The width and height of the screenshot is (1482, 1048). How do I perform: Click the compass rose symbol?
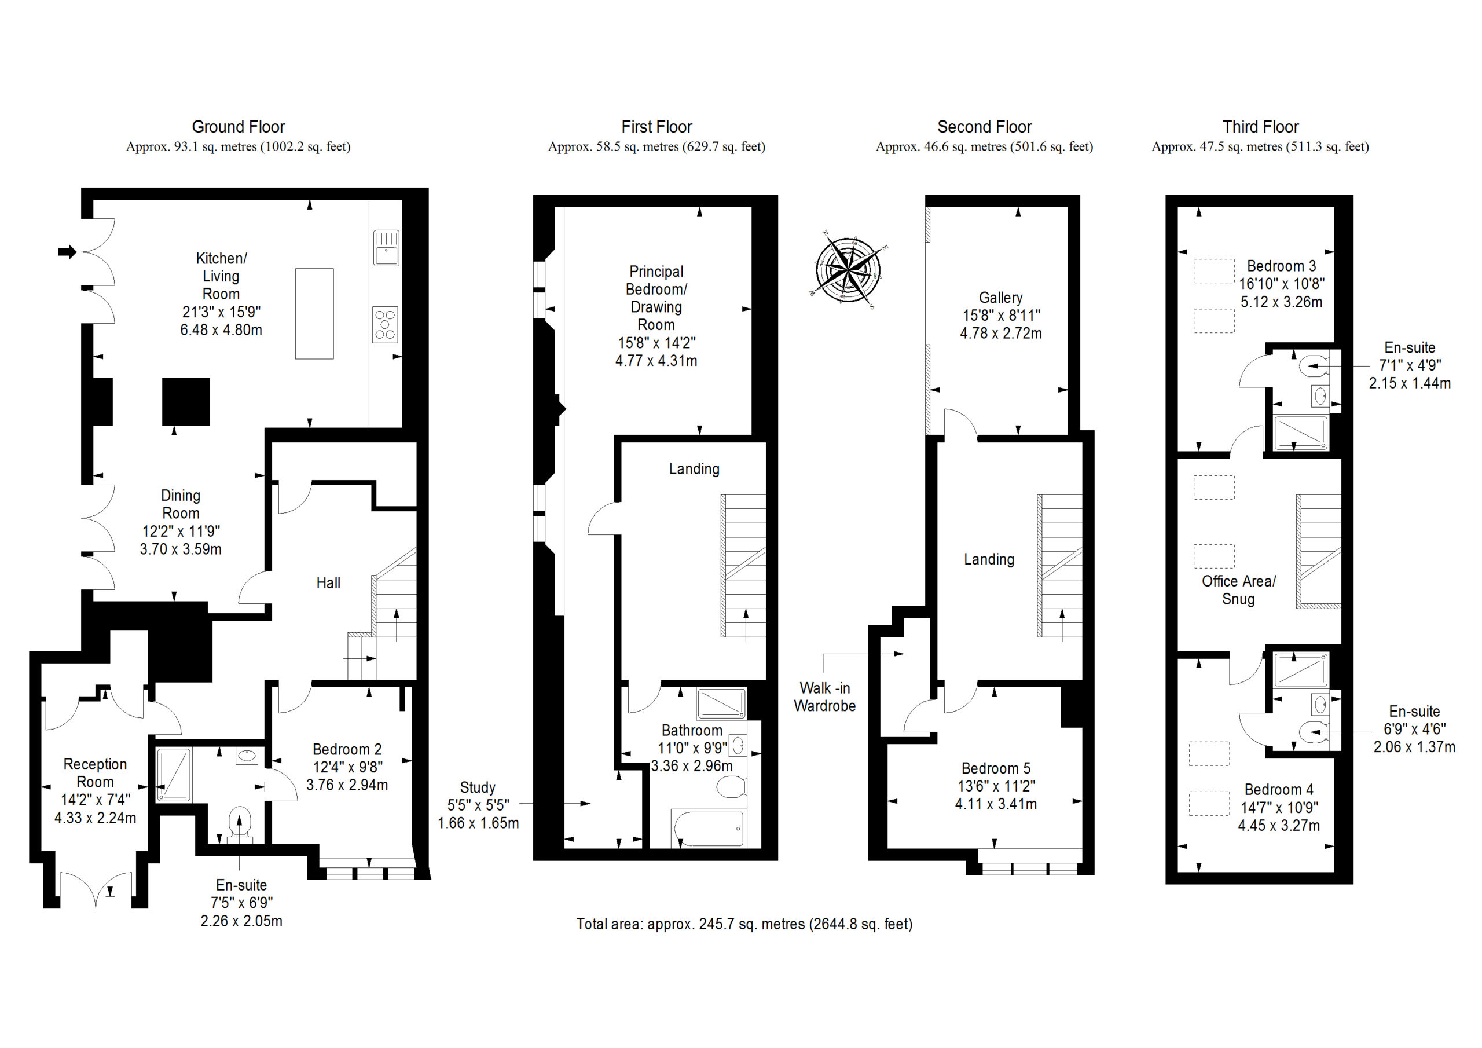(x=848, y=269)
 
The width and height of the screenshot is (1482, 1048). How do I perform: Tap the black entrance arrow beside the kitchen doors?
(x=67, y=252)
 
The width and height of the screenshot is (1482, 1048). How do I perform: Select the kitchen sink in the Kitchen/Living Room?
(x=386, y=248)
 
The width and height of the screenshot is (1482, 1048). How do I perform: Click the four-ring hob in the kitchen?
(x=386, y=324)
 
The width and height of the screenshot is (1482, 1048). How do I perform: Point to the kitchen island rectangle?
(x=314, y=313)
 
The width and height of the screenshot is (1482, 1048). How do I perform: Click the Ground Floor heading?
(x=238, y=127)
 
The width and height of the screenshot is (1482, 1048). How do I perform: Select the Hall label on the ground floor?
(x=328, y=583)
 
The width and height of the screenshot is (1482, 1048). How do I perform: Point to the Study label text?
(x=478, y=788)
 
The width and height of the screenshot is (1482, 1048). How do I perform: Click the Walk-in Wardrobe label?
(x=824, y=697)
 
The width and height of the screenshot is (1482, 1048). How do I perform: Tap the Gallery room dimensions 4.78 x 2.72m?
(x=1000, y=334)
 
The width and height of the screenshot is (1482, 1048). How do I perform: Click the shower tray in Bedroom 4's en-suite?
(x=1300, y=669)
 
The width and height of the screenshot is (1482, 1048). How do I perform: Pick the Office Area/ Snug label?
(x=1238, y=590)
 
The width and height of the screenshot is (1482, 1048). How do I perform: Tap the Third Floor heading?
(x=1260, y=127)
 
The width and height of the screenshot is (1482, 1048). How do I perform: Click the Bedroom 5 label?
(x=995, y=768)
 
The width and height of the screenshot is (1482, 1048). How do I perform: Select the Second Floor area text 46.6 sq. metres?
(x=984, y=146)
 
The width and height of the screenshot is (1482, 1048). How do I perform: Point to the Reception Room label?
(x=95, y=773)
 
